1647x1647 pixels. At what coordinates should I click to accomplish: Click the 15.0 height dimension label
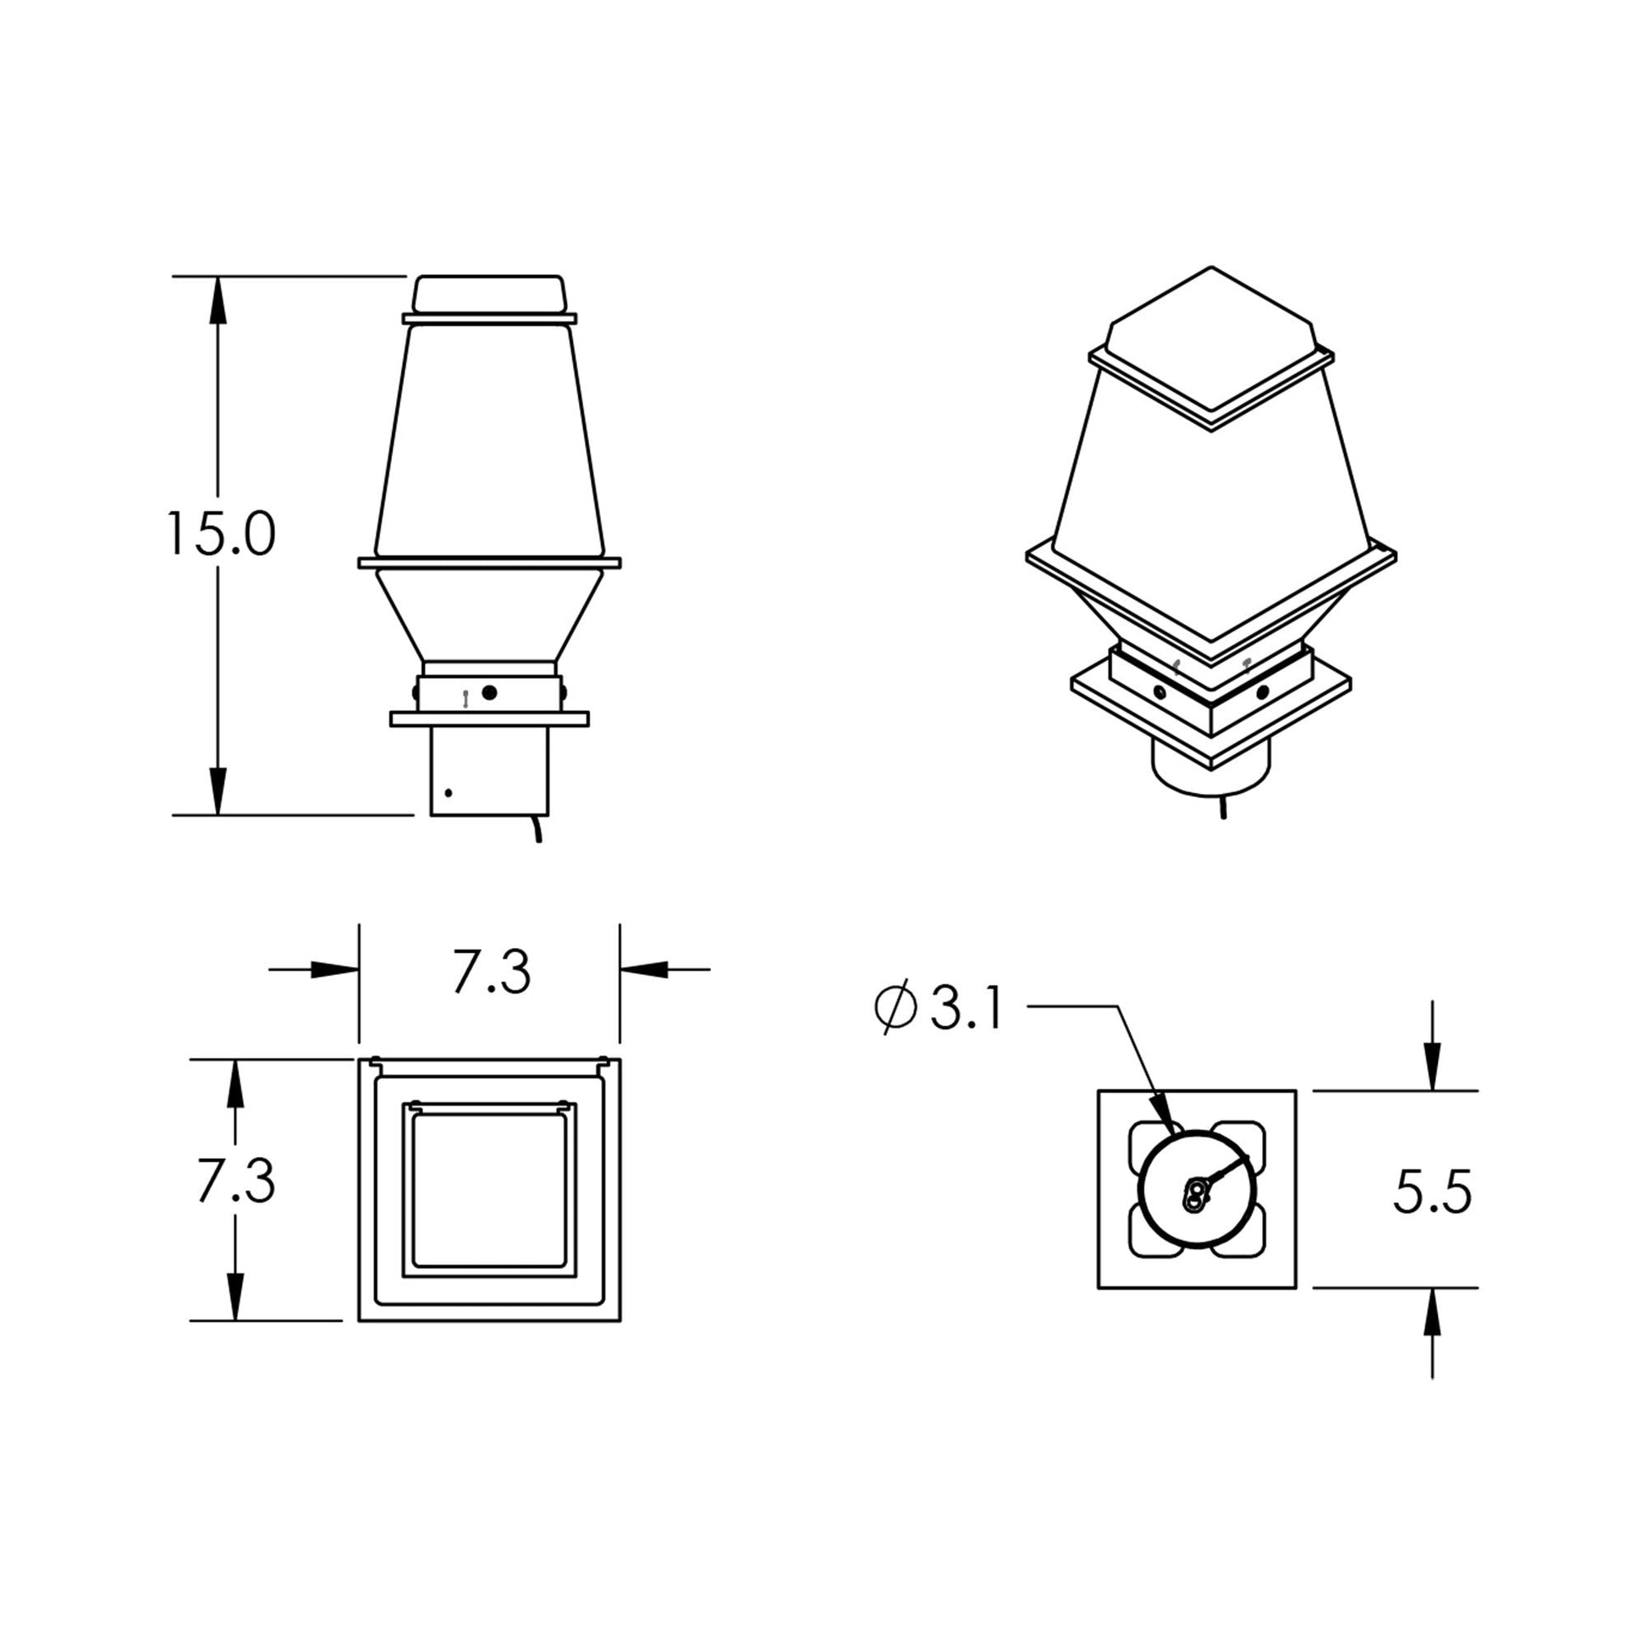[221, 536]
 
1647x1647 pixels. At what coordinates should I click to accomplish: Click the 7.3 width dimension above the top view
[491, 972]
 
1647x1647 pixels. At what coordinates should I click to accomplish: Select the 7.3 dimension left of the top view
[235, 1182]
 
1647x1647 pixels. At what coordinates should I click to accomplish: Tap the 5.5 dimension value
[1432, 1192]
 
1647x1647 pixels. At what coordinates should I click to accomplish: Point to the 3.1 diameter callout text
[967, 1010]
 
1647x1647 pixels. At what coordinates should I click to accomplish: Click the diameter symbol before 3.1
[896, 1008]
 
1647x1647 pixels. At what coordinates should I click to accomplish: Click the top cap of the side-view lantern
[489, 295]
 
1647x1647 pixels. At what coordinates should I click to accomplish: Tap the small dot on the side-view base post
[449, 794]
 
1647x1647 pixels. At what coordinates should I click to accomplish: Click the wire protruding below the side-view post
[537, 829]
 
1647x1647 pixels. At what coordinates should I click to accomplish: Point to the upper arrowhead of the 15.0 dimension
[218, 300]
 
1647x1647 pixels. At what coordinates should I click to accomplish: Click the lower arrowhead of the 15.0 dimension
[218, 791]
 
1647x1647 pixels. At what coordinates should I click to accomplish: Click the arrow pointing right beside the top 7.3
[333, 969]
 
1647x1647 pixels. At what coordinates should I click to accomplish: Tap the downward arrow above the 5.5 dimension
[1432, 1067]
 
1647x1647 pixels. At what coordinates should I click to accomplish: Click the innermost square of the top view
[489, 1189]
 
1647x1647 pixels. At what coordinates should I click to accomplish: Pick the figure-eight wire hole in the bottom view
[1196, 1194]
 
